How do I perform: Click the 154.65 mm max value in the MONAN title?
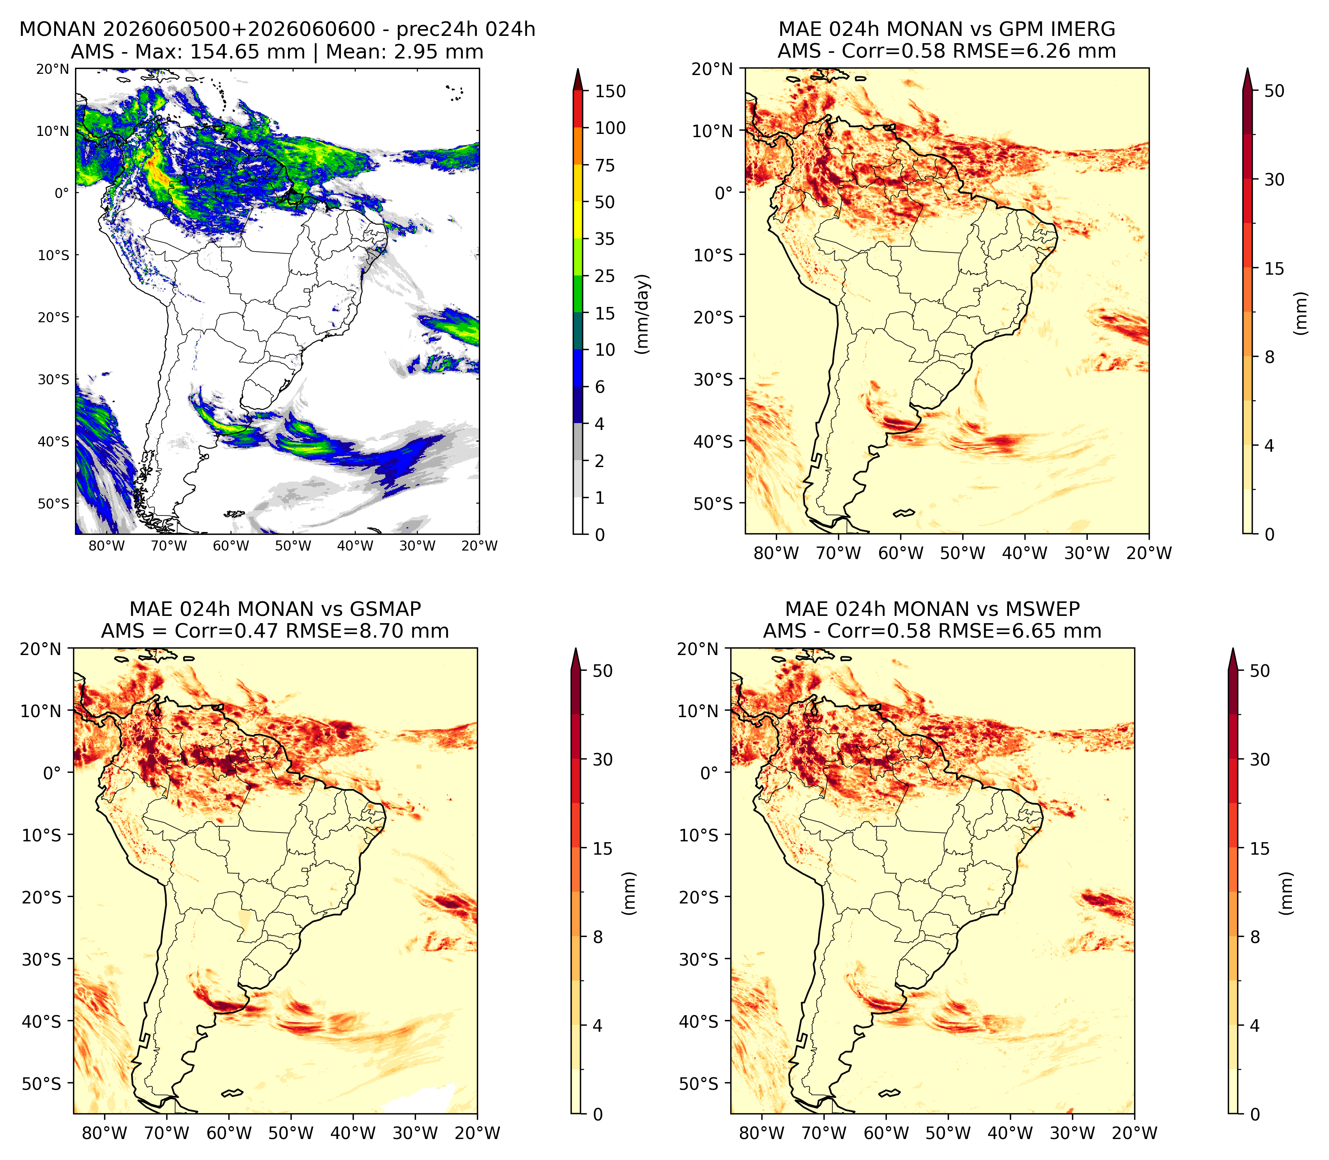(x=247, y=52)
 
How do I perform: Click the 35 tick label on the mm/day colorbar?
(x=605, y=239)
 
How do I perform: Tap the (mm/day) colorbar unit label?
(x=642, y=314)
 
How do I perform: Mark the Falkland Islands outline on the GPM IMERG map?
(x=904, y=513)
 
